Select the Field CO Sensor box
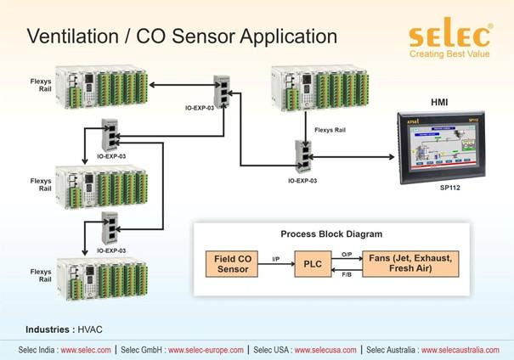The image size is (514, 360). (x=232, y=263)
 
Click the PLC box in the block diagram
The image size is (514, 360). (x=313, y=263)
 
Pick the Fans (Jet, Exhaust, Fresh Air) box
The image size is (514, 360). (x=409, y=263)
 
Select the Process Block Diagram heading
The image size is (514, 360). (x=331, y=233)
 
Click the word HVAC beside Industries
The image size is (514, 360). (x=89, y=329)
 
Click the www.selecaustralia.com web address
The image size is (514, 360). (x=463, y=350)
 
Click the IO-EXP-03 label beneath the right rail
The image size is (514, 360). (x=302, y=181)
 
